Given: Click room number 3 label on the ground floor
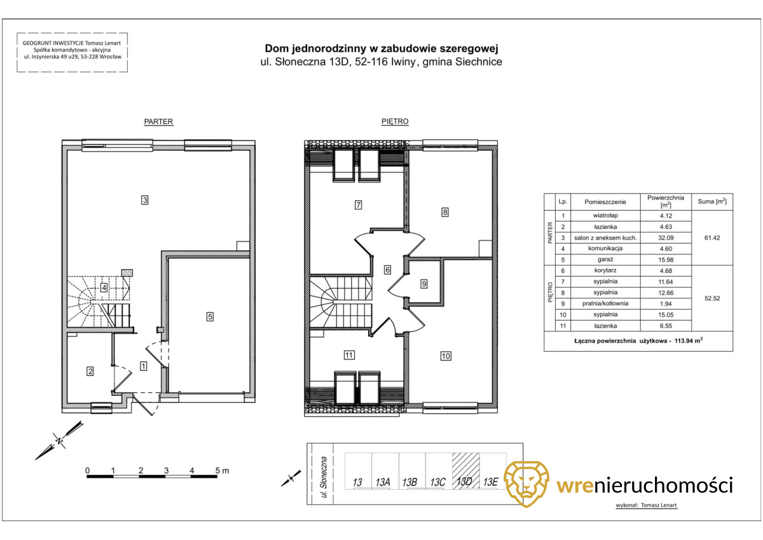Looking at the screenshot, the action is tap(145, 200).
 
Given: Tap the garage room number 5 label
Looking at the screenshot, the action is tap(210, 317).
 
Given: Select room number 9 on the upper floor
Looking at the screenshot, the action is tap(423, 284).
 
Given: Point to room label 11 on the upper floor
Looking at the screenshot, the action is tap(349, 356).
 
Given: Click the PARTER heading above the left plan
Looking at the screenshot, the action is tap(158, 121).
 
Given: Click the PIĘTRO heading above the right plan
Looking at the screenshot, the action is tap(395, 121).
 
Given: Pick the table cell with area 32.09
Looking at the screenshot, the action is tap(666, 238).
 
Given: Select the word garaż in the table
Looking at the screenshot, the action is tap(605, 260).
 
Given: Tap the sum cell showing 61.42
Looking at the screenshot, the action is tap(712, 238).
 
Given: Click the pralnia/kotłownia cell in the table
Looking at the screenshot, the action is tap(605, 303).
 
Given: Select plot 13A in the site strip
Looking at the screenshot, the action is tap(383, 482).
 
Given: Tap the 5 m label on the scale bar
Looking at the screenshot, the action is tap(222, 471).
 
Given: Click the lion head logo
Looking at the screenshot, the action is tap(526, 484).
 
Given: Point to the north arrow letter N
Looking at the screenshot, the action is tap(60, 440).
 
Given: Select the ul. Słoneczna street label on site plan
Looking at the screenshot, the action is tap(324, 477).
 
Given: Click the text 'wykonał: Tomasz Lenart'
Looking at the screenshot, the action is tap(646, 505).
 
